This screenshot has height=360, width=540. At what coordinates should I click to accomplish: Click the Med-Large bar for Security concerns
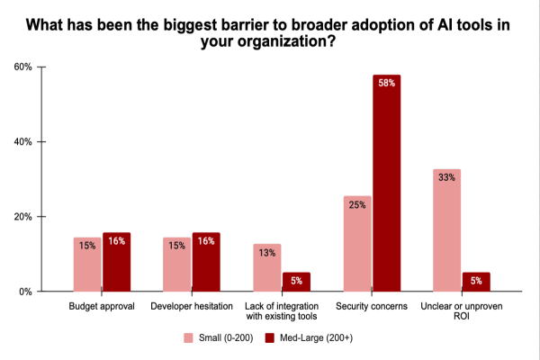[x=386, y=184]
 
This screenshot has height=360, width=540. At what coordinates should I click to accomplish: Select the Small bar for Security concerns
[x=357, y=244]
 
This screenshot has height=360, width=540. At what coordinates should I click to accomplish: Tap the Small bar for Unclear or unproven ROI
[x=446, y=230]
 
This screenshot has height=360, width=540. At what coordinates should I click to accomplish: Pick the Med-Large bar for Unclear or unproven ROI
[x=475, y=282]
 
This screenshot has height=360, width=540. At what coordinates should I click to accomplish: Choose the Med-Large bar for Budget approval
[x=117, y=262]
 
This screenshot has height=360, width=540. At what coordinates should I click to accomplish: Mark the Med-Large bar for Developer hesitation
[x=206, y=262]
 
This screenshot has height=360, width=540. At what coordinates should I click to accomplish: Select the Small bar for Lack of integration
[x=267, y=267]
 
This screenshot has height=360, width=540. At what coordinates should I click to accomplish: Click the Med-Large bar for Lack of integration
[x=296, y=282]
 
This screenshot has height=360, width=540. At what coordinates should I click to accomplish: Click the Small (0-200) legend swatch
[x=189, y=338]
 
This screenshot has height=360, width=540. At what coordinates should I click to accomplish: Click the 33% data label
[x=446, y=177]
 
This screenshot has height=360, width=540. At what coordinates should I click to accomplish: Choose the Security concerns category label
[x=372, y=307]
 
